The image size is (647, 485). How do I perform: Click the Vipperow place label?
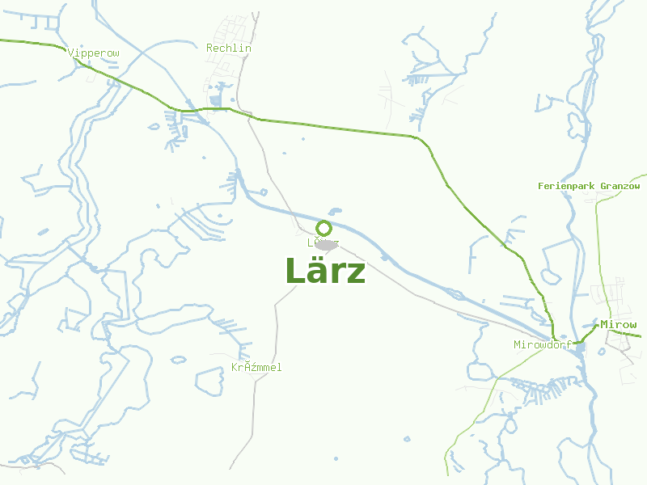tap(94, 53)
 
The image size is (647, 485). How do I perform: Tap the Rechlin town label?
tap(229, 48)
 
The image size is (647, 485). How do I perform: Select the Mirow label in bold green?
tap(619, 325)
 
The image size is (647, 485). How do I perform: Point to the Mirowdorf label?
tap(543, 345)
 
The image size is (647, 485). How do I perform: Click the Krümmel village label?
tap(256, 368)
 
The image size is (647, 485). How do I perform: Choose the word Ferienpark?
tap(566, 186)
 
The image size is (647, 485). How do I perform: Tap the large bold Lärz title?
tap(325, 272)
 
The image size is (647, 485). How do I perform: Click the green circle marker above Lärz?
tap(324, 228)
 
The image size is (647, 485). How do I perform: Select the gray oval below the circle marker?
tap(327, 245)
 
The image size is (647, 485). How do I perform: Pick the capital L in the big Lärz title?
tap(294, 272)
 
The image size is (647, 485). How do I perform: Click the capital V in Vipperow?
tap(71, 53)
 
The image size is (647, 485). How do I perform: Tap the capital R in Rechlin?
tap(209, 48)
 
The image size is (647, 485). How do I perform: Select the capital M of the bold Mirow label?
tap(604, 325)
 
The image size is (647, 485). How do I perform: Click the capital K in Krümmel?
tap(235, 368)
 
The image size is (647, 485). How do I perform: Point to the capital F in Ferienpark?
tap(541, 186)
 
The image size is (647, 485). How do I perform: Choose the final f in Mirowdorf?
tap(569, 345)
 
